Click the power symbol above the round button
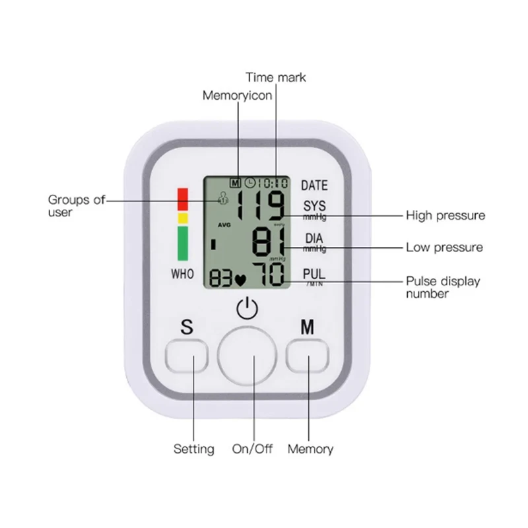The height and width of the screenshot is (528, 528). click(x=246, y=309)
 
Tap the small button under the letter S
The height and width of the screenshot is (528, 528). click(x=187, y=357)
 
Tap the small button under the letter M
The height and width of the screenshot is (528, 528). click(x=308, y=357)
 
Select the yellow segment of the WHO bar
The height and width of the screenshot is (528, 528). click(x=183, y=218)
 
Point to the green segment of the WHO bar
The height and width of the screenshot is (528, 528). click(x=183, y=242)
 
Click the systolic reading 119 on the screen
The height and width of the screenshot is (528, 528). click(x=261, y=205)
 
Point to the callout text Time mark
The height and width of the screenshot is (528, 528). click(x=276, y=77)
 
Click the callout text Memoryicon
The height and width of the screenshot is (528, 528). click(x=237, y=96)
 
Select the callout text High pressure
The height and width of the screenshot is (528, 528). click(x=445, y=215)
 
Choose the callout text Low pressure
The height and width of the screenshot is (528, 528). click(x=444, y=247)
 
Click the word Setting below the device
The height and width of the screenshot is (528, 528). click(x=193, y=449)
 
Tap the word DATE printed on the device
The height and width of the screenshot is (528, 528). click(x=314, y=185)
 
